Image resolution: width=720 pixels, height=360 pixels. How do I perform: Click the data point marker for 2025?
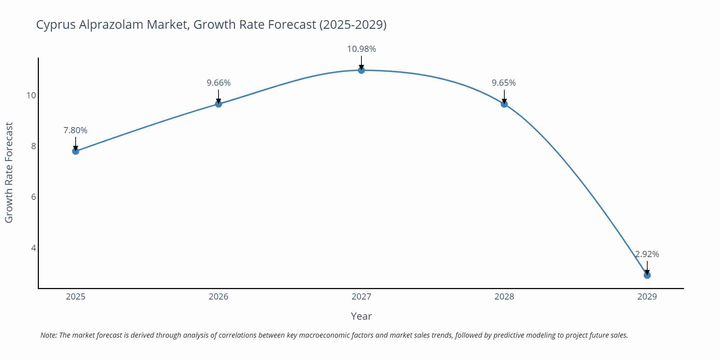(76, 151)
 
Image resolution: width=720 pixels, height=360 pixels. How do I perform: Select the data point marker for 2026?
(219, 104)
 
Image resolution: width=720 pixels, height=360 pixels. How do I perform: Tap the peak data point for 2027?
(361, 70)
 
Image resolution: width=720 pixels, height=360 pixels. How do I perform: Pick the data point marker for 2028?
(504, 104)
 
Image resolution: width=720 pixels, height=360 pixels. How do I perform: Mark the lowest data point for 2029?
(647, 275)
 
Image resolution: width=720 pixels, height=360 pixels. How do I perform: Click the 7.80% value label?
(76, 130)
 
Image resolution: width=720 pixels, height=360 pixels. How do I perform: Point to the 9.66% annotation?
(219, 83)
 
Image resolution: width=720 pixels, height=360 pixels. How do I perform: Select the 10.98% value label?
(361, 49)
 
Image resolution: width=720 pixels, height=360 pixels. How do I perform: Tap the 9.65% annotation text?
(504, 83)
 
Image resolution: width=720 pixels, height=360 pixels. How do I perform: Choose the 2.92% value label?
(647, 254)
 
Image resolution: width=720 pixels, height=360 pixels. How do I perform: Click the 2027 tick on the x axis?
(361, 297)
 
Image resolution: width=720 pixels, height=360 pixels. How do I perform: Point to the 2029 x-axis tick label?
(647, 297)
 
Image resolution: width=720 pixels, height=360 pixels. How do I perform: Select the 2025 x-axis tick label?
(76, 297)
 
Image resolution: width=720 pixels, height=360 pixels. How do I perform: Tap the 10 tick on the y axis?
(31, 95)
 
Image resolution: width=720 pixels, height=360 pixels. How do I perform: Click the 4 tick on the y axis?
(33, 248)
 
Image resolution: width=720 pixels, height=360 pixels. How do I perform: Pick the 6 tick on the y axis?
(33, 197)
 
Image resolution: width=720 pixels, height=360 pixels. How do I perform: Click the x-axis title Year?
(361, 316)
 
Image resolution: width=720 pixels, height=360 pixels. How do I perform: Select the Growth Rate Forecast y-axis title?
(9, 172)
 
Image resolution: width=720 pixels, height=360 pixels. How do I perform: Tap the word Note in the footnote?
(48, 335)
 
